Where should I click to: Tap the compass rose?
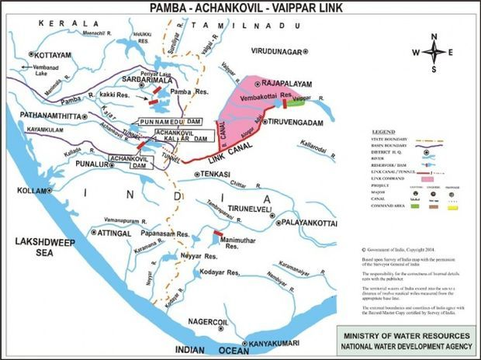pos(438,52)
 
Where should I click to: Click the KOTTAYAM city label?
pos(55,56)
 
